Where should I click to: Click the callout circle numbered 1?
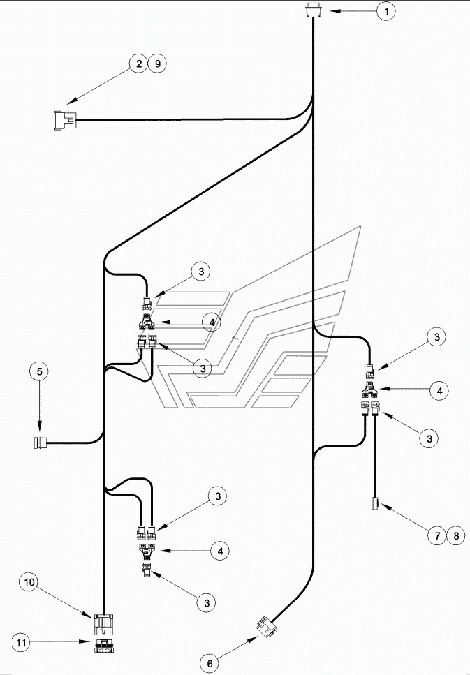click(x=386, y=11)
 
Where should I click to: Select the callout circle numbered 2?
click(x=138, y=64)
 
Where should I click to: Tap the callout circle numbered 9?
click(x=157, y=64)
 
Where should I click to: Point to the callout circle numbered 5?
click(x=39, y=371)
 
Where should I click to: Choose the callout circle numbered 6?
click(x=210, y=663)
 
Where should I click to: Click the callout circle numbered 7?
click(x=437, y=535)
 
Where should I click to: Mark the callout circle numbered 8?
click(x=456, y=535)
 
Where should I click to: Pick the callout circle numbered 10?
click(x=29, y=582)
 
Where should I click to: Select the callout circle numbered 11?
click(x=21, y=643)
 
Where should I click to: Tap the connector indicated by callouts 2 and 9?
click(x=65, y=120)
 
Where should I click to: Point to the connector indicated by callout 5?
click(x=41, y=443)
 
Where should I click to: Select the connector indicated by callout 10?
click(x=104, y=625)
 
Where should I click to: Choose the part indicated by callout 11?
click(x=104, y=646)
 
